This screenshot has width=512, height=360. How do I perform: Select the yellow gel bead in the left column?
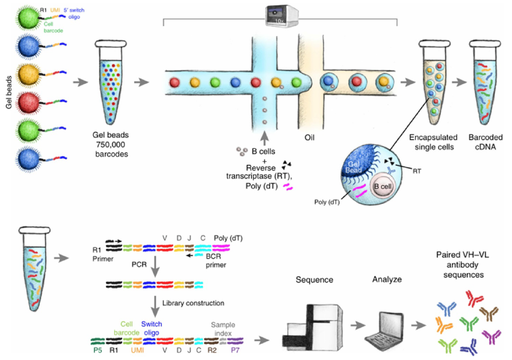[26, 73]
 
